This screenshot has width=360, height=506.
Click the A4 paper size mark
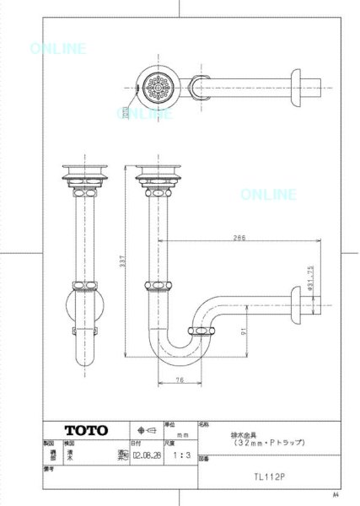(337, 495)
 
